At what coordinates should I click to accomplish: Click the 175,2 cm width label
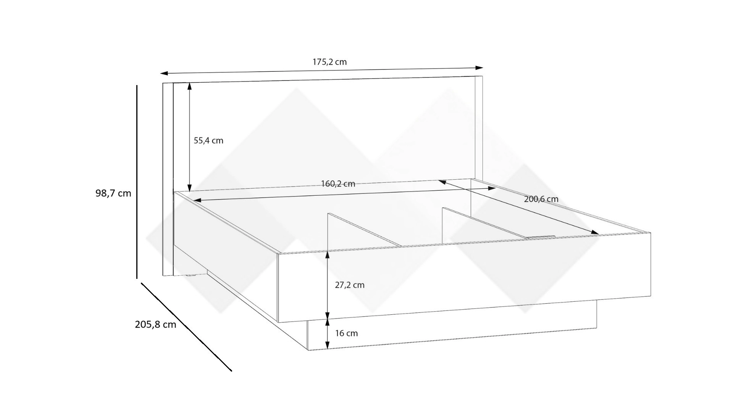pos(330,62)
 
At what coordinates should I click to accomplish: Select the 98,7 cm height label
pos(113,193)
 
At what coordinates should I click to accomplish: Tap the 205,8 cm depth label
pos(155,324)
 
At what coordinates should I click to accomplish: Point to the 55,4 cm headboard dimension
pos(208,140)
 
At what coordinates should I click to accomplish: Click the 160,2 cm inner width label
pos(338,184)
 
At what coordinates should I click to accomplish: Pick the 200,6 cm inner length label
pos(541,199)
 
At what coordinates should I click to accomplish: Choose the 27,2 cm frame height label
pos(350,285)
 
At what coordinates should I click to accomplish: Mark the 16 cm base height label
pos(347,333)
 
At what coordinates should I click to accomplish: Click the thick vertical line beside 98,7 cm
pos(137,182)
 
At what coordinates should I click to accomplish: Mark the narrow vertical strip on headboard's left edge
pos(168,179)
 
